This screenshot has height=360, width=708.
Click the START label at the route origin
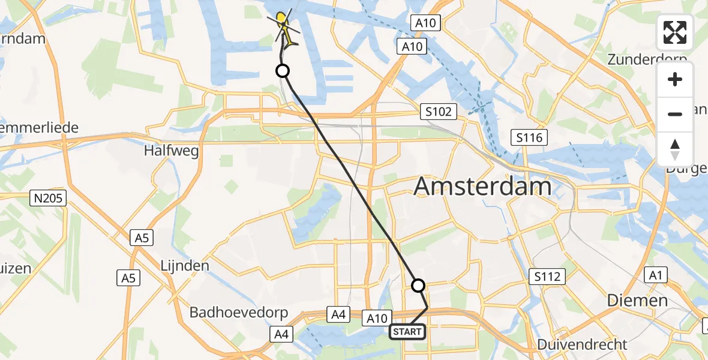click(407, 331)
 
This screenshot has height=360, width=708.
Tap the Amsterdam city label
click(482, 187)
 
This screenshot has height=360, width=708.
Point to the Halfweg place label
click(171, 151)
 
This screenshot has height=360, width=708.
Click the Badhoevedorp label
click(239, 313)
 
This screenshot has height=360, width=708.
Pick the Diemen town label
click(637, 300)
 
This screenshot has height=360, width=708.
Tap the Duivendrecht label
click(582, 344)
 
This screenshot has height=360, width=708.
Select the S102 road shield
click(439, 111)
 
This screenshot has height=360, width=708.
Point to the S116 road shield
click(528, 138)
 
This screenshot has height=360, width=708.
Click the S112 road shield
click(547, 277)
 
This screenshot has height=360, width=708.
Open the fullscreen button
click(675, 32)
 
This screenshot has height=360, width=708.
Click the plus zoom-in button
click(675, 79)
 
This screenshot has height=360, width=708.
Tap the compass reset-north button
click(675, 149)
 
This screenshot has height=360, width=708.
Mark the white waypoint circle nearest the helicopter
click(283, 71)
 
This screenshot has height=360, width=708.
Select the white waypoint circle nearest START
click(418, 286)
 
